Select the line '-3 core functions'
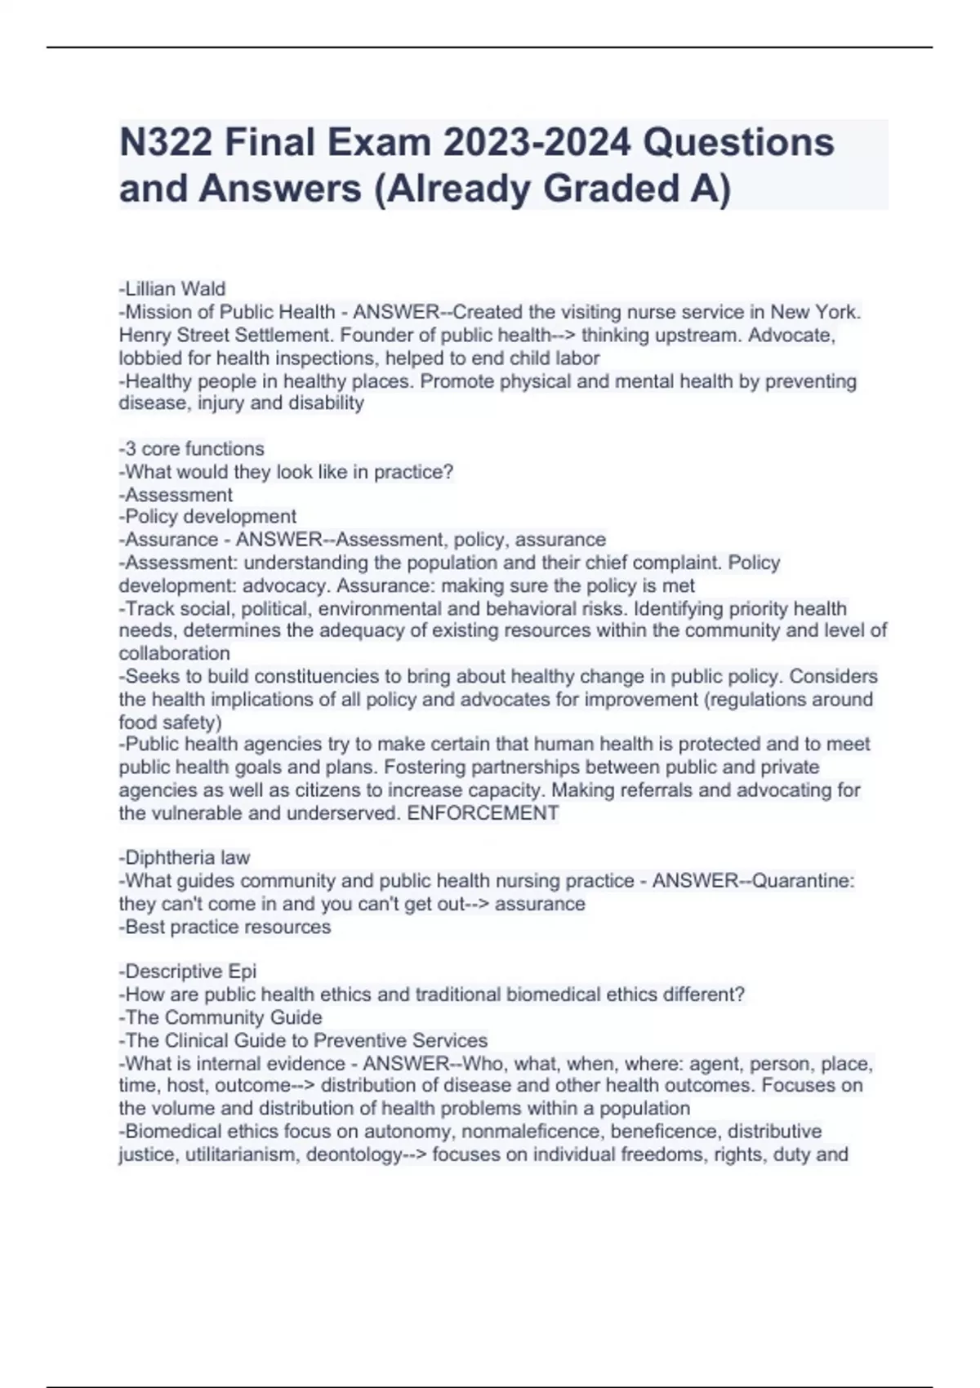click(x=192, y=449)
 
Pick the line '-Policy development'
click(x=207, y=517)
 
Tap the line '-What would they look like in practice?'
click(x=286, y=472)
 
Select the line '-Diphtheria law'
click(x=185, y=858)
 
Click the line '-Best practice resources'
click(x=225, y=927)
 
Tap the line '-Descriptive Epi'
click(x=188, y=972)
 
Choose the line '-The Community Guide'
click(x=220, y=1017)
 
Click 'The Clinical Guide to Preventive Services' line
click(x=303, y=1040)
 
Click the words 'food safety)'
click(x=170, y=723)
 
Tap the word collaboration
click(x=175, y=654)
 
